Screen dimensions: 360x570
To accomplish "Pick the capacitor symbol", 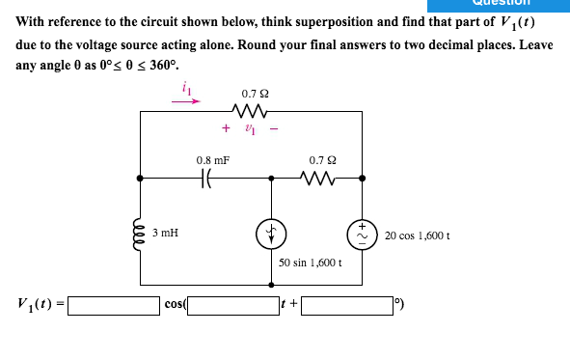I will tap(205, 178).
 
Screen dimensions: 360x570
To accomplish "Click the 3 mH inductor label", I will tap(165, 233).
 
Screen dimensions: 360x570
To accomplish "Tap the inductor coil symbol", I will tap(141, 233).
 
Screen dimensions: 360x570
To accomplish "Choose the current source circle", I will tap(270, 233).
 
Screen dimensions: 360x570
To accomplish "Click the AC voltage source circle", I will tap(363, 233).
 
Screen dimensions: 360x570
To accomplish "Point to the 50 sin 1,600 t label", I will tap(311, 262).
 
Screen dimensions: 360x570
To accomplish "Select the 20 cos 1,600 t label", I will tap(418, 235).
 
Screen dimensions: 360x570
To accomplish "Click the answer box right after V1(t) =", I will tap(114, 306).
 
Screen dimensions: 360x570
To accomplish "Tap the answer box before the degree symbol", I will tap(349, 306).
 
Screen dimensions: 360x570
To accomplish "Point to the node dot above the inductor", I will tap(141, 178).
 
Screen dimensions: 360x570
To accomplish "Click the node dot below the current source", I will tap(270, 286).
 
